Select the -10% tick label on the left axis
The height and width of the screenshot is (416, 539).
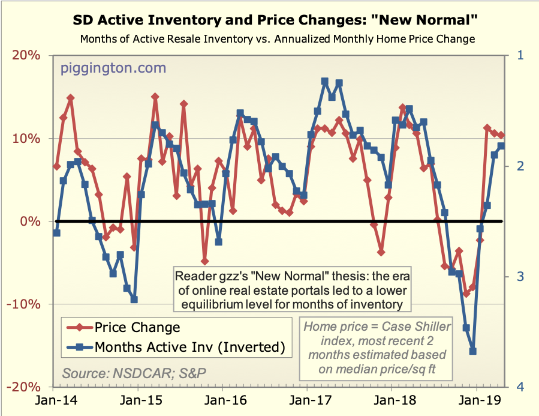click(25, 304)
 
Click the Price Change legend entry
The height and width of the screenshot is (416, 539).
click(137, 327)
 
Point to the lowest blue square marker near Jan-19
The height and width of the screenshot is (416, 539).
click(472, 351)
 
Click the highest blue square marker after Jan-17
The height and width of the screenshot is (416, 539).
click(325, 81)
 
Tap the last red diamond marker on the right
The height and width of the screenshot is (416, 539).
click(501, 135)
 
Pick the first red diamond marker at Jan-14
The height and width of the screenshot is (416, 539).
click(56, 166)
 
